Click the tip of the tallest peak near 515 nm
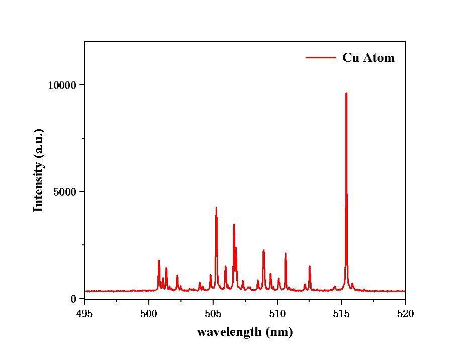coord(346,94)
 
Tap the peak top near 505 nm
coord(216,208)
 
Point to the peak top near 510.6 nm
coord(286,253)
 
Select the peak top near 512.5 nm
coord(310,266)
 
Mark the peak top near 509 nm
coord(263,250)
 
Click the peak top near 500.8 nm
coord(159,260)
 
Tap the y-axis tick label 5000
coord(66,192)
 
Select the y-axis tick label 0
coord(74,299)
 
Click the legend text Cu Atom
coord(368,58)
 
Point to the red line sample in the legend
coord(321,58)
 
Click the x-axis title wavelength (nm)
coord(245,332)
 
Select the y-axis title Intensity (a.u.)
coord(38,170)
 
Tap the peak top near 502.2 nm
coord(177,276)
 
